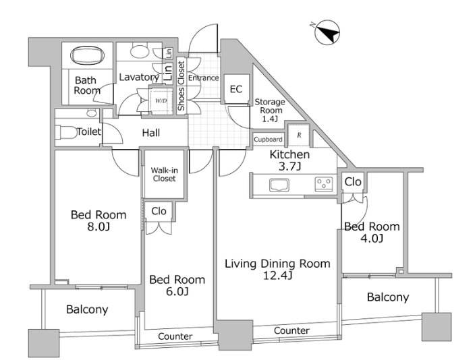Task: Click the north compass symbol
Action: pyautogui.click(x=327, y=32)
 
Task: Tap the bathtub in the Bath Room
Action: pyautogui.click(x=87, y=55)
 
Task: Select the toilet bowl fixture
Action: pyautogui.click(x=66, y=132)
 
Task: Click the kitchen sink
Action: pyautogui.click(x=279, y=185)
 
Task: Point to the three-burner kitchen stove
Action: pyautogui.click(x=324, y=184)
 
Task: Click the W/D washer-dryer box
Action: pyautogui.click(x=161, y=101)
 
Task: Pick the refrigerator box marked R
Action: pyautogui.click(x=299, y=135)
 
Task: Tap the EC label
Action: pyautogui.click(x=236, y=89)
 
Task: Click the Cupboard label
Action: pyautogui.click(x=268, y=140)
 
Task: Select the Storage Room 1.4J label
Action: pyautogui.click(x=270, y=110)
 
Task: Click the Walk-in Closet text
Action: pyautogui.click(x=164, y=175)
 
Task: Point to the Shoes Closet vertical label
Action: pyautogui.click(x=181, y=86)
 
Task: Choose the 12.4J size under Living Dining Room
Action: pyautogui.click(x=277, y=276)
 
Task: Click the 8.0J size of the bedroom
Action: pyautogui.click(x=99, y=226)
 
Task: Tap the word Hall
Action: pyautogui.click(x=151, y=133)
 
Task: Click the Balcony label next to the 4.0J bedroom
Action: pyautogui.click(x=388, y=297)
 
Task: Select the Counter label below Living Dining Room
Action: pyautogui.click(x=291, y=330)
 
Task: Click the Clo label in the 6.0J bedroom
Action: pyautogui.click(x=159, y=211)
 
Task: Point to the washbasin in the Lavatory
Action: pyautogui.click(x=140, y=51)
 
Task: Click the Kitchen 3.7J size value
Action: pyautogui.click(x=289, y=167)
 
